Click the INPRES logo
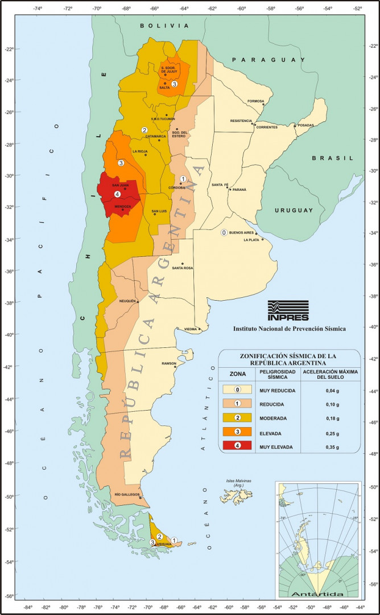pos(288,311)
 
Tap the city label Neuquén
pos(128,301)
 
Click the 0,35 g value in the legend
pos(330,448)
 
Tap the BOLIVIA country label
pos(164,26)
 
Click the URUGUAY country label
pos(294,210)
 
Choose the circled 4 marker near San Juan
pos(117,194)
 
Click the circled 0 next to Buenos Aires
pos(224,232)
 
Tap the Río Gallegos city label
pos(127,495)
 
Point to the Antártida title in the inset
pos(317,594)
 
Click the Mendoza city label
pos(123,206)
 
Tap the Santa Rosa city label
pos(183,268)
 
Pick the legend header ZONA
pos(238,374)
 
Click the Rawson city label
pos(169,363)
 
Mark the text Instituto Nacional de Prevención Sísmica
pos(289,329)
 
